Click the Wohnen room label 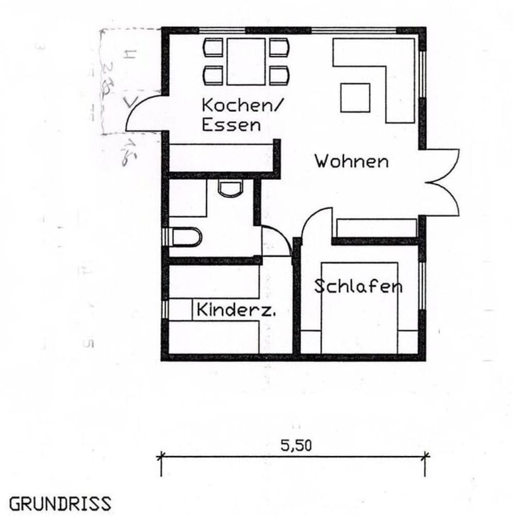[352, 161]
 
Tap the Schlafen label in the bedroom [358, 286]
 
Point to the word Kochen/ [242, 106]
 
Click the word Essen [231, 125]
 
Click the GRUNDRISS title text [60, 503]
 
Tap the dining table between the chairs [245, 61]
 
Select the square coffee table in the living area [355, 98]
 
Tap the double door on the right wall [442, 182]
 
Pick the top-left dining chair [213, 48]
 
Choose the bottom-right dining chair [279, 75]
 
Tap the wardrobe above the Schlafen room [376, 228]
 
